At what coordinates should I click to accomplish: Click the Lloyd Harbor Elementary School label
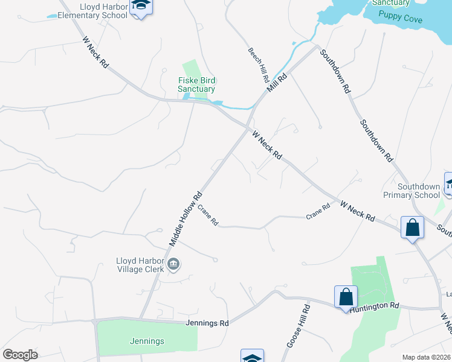click(x=98, y=10)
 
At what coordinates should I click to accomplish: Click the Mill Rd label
click(x=278, y=83)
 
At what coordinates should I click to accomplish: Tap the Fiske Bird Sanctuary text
click(x=196, y=84)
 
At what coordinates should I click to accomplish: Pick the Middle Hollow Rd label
click(x=185, y=219)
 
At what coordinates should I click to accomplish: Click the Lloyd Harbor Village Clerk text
click(x=140, y=265)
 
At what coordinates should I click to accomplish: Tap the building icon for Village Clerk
click(x=173, y=264)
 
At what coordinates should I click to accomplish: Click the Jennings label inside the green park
click(x=147, y=341)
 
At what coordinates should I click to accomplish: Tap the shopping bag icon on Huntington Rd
click(x=346, y=297)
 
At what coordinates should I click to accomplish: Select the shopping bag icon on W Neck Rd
click(x=413, y=228)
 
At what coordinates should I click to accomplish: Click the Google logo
click(x=20, y=354)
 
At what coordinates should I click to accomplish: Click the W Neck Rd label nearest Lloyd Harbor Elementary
click(x=95, y=52)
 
